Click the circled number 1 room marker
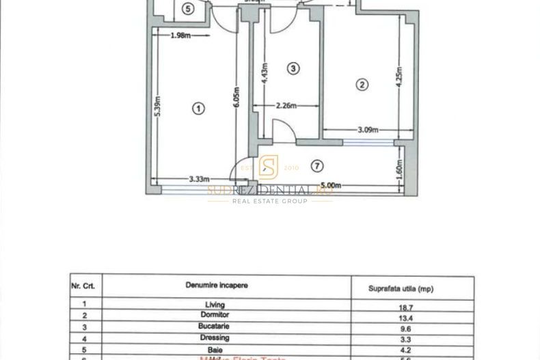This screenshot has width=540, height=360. point(198,108)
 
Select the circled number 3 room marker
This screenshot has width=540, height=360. point(293,68)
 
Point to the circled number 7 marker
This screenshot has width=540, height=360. point(316,166)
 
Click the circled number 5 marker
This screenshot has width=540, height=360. point(189,8)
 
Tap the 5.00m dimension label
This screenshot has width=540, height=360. point(330,185)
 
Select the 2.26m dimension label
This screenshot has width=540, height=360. point(286,106)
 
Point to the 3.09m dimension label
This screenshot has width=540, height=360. point(368,130)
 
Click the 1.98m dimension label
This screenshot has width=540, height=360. point(180,36)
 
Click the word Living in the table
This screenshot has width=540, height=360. point(215,305)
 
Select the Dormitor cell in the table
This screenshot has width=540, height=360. point(215,315)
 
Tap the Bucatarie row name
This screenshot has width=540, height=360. point(215,326)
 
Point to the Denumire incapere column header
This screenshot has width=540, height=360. point(217,284)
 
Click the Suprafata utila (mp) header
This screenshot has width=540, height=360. point(401,289)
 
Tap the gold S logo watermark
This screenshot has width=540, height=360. point(269,167)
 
